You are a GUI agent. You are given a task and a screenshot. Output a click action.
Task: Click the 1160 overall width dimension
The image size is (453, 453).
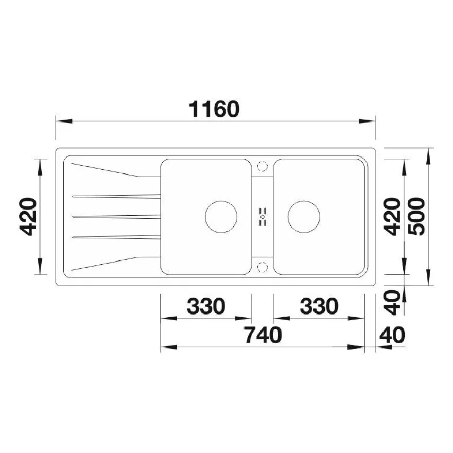214,110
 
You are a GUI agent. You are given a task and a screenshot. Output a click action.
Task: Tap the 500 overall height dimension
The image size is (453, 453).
417,216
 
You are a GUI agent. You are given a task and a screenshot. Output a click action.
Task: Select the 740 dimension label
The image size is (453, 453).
263,335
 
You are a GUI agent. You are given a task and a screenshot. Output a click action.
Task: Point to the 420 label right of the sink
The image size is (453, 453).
392,217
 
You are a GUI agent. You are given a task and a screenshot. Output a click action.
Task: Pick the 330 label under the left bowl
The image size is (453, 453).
206,306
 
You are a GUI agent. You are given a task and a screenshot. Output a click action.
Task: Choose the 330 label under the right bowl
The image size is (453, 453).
319,306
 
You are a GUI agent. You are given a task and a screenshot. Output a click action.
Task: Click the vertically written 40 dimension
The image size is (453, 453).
393,303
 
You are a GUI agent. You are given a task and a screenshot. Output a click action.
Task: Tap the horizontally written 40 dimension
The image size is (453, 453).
392,335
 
